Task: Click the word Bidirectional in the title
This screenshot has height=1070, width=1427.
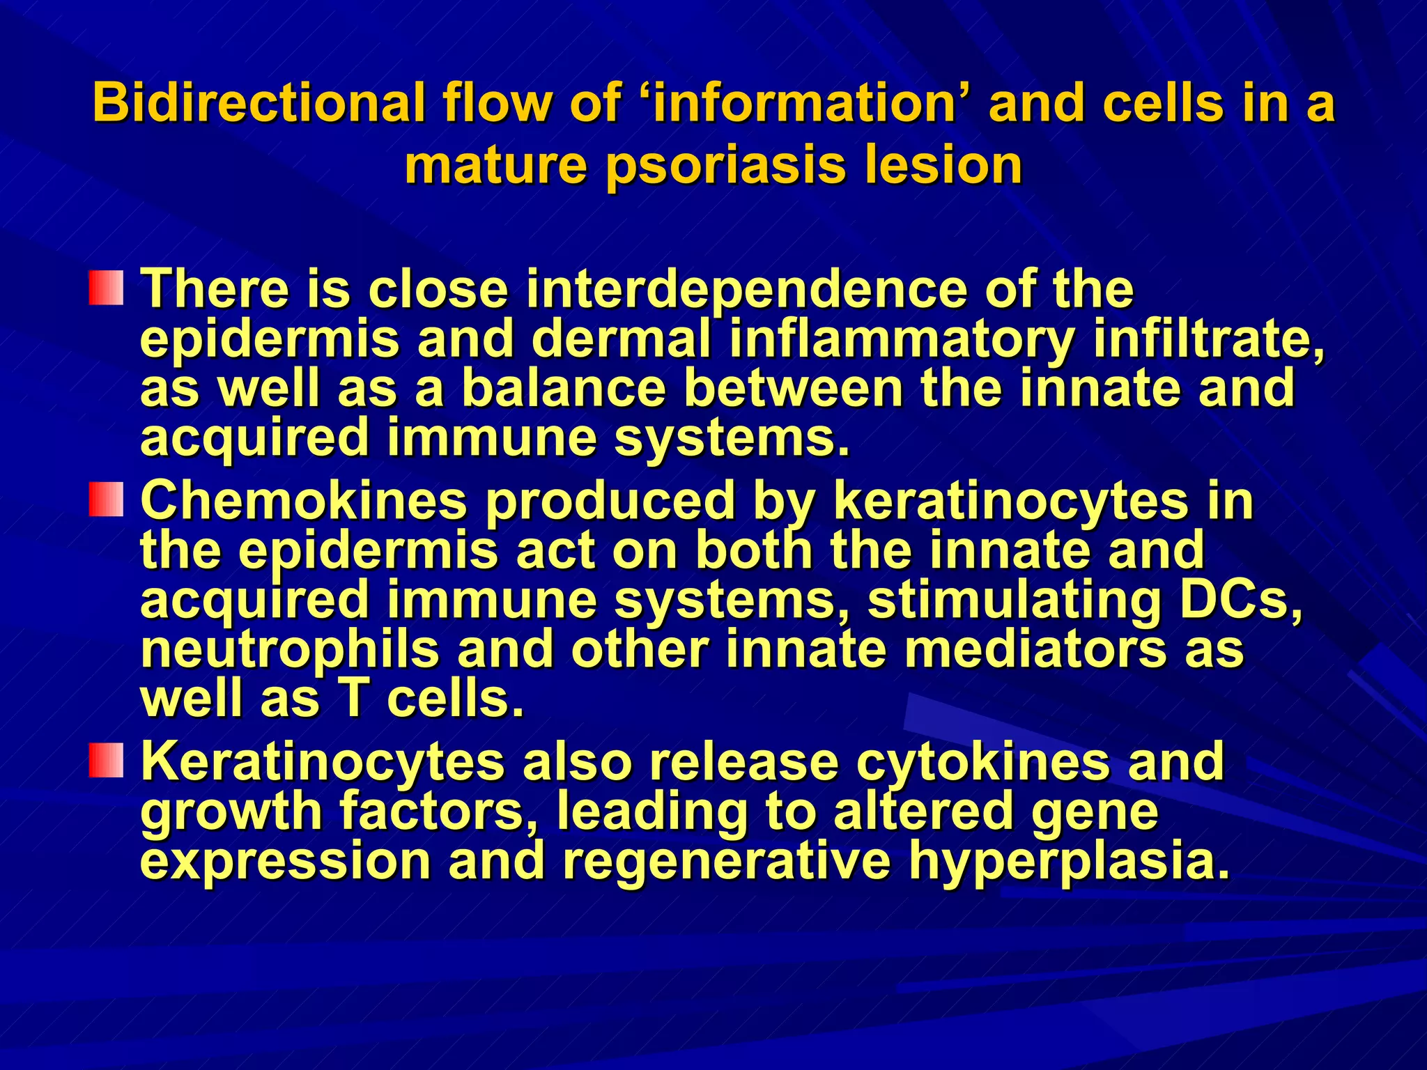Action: [258, 103]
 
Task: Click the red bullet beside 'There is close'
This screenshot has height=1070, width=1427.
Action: [106, 288]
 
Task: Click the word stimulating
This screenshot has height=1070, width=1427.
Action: [1014, 602]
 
